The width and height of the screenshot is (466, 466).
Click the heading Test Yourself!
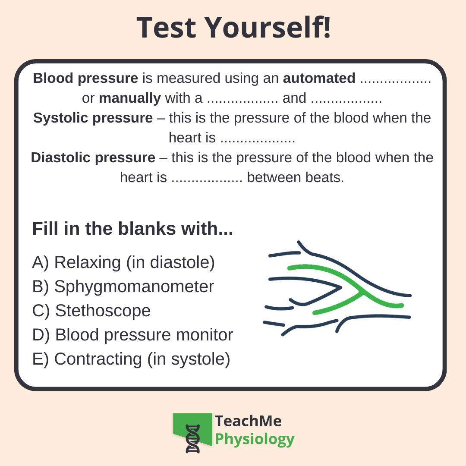click(x=233, y=27)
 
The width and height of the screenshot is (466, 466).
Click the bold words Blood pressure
click(x=85, y=79)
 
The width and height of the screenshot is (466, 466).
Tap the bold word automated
click(x=319, y=79)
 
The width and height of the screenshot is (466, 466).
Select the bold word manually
click(x=129, y=98)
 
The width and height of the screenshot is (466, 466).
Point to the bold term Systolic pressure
click(x=93, y=118)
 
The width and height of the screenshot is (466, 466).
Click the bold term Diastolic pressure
click(x=93, y=157)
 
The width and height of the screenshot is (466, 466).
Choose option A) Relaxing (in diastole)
click(x=123, y=262)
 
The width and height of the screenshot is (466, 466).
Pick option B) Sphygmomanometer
click(x=123, y=287)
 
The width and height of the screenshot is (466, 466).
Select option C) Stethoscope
click(x=91, y=311)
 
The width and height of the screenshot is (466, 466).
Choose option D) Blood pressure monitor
click(x=132, y=335)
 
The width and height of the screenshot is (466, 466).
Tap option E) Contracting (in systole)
click(x=131, y=359)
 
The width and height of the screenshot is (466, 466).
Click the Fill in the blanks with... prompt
click(x=132, y=229)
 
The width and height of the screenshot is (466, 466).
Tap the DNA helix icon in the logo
click(x=193, y=438)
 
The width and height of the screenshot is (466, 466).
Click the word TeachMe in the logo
click(x=248, y=421)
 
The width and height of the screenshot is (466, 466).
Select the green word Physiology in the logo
click(x=255, y=439)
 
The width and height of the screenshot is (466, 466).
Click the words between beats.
click(x=296, y=177)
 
